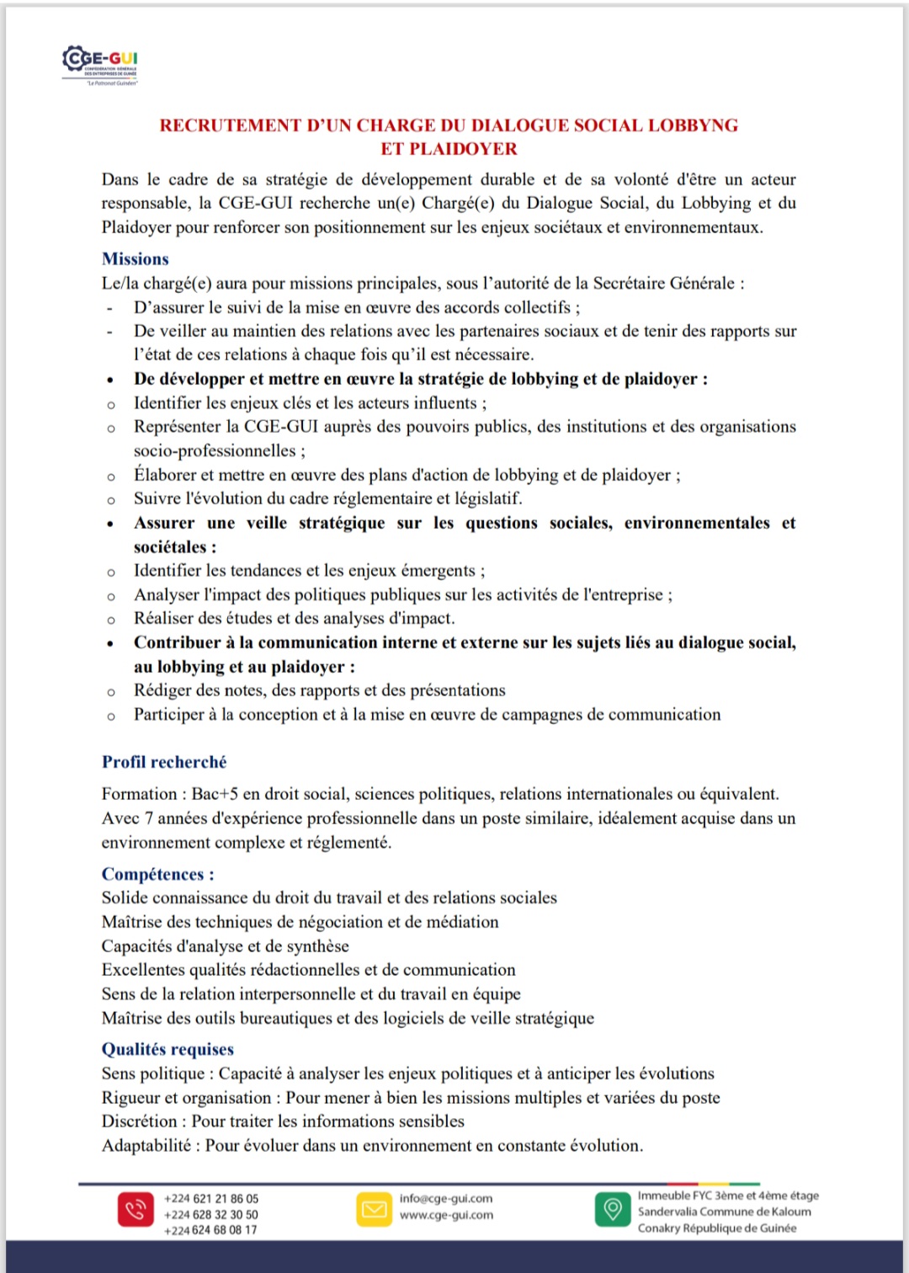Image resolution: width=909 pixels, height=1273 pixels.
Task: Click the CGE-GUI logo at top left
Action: (100, 64)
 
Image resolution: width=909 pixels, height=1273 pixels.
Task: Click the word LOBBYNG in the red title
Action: (689, 125)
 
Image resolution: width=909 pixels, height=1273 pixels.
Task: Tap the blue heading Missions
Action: (135, 258)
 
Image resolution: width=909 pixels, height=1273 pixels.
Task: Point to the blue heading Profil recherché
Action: (164, 762)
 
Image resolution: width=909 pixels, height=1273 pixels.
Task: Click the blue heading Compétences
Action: (157, 874)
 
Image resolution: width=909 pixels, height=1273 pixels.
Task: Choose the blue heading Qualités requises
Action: (167, 1049)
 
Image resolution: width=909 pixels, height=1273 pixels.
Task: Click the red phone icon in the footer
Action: (136, 1210)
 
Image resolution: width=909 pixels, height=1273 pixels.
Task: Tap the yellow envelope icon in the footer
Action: (374, 1210)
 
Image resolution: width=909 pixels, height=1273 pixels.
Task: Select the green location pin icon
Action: (613, 1210)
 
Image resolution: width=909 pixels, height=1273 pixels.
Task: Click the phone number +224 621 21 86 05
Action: (211, 1198)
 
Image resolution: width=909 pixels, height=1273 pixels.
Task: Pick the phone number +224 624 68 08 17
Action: (211, 1230)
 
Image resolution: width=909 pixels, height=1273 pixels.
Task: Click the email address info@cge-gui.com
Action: (446, 1198)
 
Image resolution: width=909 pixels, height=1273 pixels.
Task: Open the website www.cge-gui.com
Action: (446, 1215)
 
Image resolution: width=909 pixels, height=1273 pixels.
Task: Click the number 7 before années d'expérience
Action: (149, 818)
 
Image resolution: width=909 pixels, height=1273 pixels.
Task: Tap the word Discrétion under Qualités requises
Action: (140, 1121)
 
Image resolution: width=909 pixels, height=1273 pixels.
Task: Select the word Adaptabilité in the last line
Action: (146, 1146)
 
